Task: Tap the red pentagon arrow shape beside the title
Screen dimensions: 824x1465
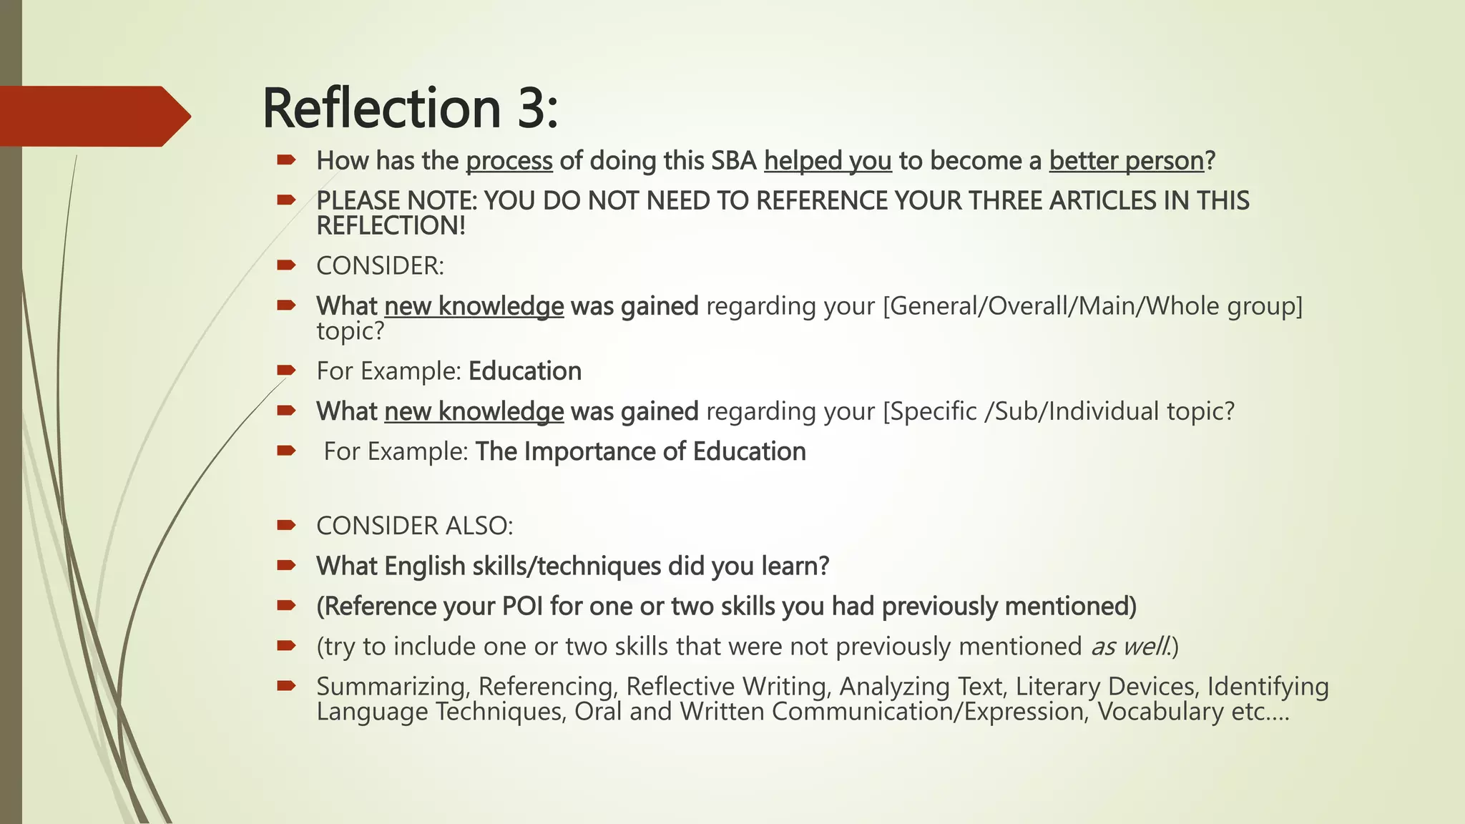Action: point(93,116)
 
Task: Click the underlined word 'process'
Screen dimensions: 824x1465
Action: point(509,161)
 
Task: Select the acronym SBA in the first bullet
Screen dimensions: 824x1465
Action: point(734,161)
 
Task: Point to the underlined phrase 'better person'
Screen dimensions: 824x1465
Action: point(1127,161)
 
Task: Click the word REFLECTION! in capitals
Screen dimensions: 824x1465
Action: point(391,226)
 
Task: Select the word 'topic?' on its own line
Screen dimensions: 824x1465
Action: point(351,331)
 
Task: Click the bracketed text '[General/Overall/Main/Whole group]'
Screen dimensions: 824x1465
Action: point(1093,306)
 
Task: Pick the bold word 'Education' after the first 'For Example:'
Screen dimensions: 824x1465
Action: point(525,371)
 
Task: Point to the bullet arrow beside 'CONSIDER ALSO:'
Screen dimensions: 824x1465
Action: point(286,526)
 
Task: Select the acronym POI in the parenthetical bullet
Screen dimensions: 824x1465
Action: point(522,606)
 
